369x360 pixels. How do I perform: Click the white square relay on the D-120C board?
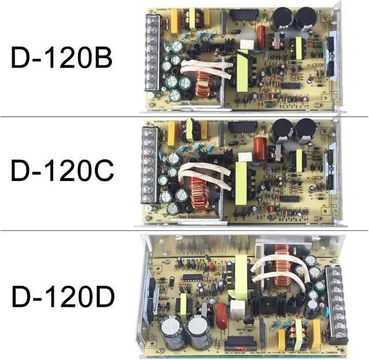click(x=246, y=156)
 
